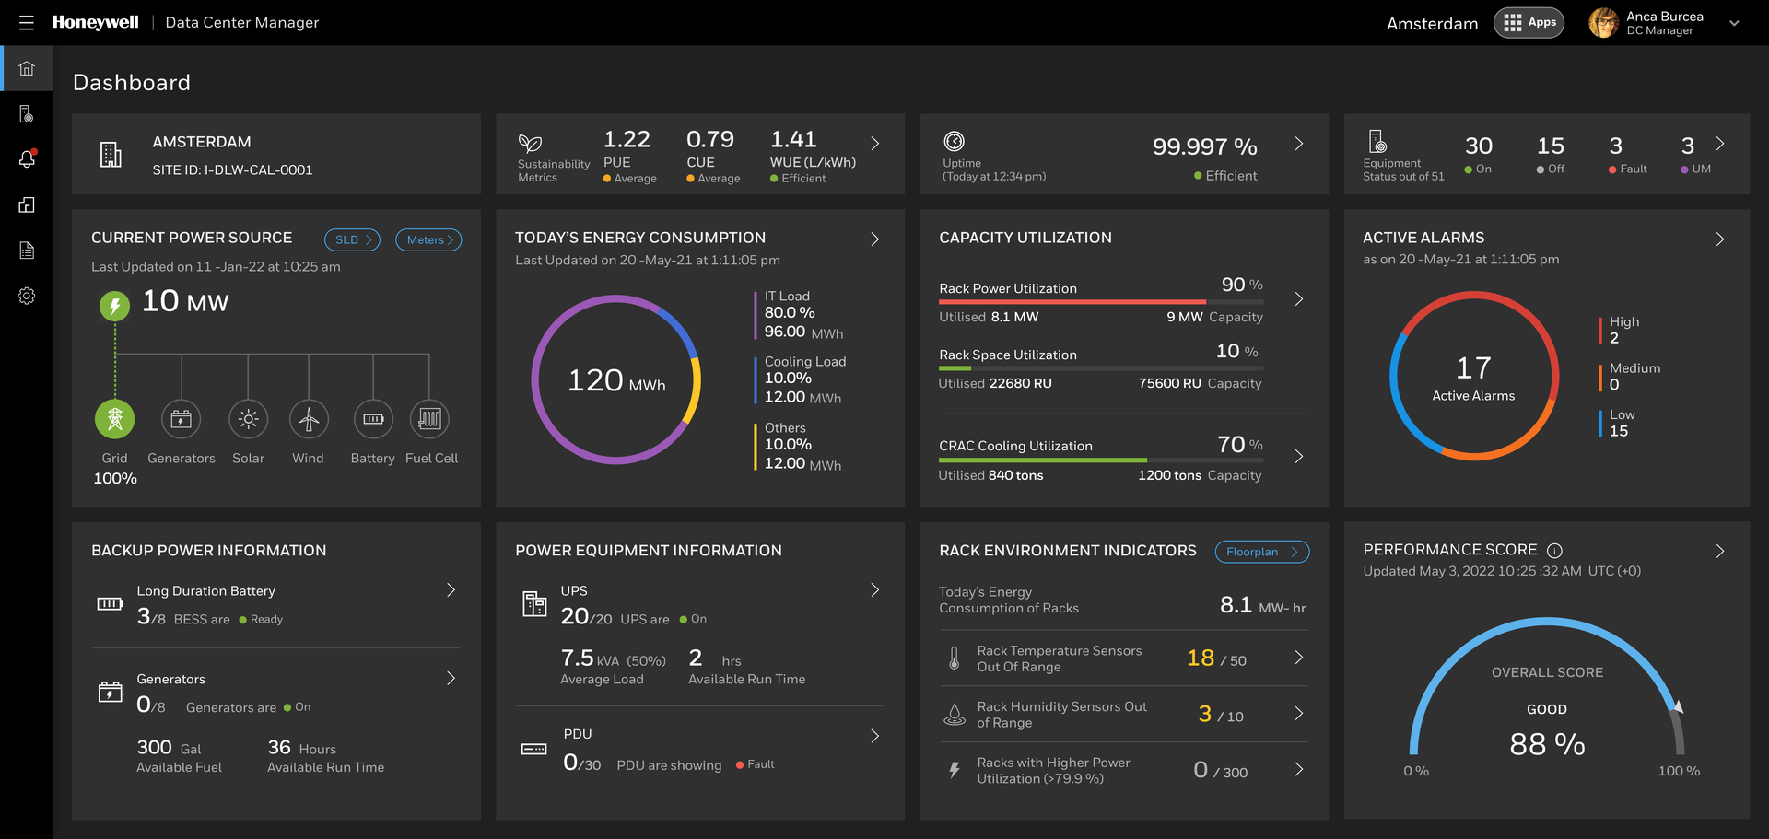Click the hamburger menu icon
[x=26, y=23]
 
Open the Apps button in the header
[x=1529, y=23]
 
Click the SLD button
[x=352, y=239]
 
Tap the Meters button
[x=428, y=239]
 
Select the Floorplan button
[x=1261, y=552]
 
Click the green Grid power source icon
[x=115, y=419]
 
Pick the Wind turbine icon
[x=309, y=419]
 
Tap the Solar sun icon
[x=248, y=419]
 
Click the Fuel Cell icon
[x=429, y=419]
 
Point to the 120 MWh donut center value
[x=615, y=380]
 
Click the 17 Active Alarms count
[x=1473, y=368]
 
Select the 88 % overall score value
[x=1547, y=744]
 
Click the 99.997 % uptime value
[x=1204, y=146]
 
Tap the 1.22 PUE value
[x=627, y=139]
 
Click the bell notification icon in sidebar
[x=27, y=159]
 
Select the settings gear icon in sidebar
[x=27, y=296]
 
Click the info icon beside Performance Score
[x=1554, y=551]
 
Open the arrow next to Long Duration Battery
[x=451, y=590]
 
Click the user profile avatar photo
[x=1603, y=23]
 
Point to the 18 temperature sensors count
[x=1201, y=658]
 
